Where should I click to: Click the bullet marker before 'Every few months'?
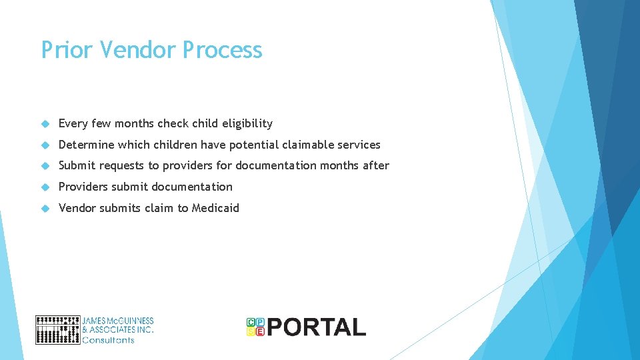(x=45, y=123)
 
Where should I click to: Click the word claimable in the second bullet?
(x=310, y=145)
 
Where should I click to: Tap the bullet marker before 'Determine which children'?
(x=45, y=145)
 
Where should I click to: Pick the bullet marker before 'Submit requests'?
(x=45, y=165)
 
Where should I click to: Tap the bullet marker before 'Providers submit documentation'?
(x=45, y=187)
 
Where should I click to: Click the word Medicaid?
(x=215, y=208)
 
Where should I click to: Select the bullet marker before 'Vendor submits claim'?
(x=45, y=208)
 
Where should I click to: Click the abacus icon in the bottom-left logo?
(x=57, y=329)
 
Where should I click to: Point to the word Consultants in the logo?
(x=108, y=340)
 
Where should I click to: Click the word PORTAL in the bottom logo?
(x=317, y=327)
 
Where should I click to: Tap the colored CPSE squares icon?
(x=255, y=327)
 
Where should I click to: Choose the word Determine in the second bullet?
(x=87, y=145)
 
